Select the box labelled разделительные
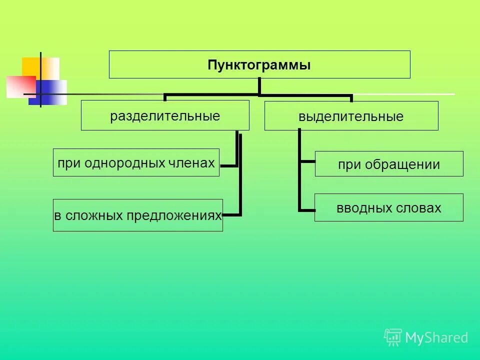tap(165, 115)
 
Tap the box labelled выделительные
tap(351, 116)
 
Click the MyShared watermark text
tap(436, 338)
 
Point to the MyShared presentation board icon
tap(393, 337)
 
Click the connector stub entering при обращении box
tap(307, 162)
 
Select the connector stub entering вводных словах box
tap(306, 210)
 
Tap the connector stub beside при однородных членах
tap(228, 165)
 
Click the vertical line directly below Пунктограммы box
tap(259, 86)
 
